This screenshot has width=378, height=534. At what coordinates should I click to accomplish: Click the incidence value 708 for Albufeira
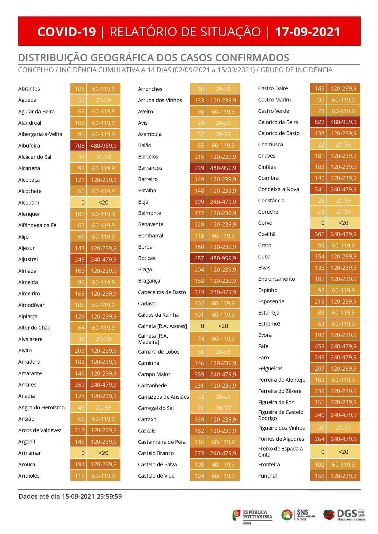point(80,146)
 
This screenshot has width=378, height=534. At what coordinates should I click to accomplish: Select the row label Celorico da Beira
point(278,122)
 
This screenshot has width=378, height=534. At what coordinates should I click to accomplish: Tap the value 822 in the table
point(319,122)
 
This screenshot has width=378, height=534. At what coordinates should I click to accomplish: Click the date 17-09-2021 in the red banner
point(307,32)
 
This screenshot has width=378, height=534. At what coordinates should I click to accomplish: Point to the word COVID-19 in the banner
point(67,32)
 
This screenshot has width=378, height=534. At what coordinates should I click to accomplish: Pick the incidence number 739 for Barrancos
point(199,168)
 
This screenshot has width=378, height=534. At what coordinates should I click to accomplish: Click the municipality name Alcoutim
point(29,203)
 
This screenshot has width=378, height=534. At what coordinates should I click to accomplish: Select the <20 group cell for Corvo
point(343,223)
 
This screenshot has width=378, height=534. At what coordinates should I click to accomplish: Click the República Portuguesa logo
point(253,515)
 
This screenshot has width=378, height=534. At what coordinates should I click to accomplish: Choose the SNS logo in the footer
point(298,515)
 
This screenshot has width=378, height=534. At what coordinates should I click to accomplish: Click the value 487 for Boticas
point(199,258)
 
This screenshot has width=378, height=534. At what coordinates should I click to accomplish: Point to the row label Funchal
point(267,476)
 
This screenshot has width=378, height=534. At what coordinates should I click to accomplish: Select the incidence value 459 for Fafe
point(319,346)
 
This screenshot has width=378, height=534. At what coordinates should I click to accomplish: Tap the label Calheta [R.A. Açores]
point(162,326)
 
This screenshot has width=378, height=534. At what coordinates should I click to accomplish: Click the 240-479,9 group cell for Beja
point(223,202)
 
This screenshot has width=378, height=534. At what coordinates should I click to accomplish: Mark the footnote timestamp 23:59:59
point(109,497)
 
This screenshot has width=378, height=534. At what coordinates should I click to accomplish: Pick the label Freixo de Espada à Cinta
point(280,452)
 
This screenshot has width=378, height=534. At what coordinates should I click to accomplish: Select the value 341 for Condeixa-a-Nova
point(319,189)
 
